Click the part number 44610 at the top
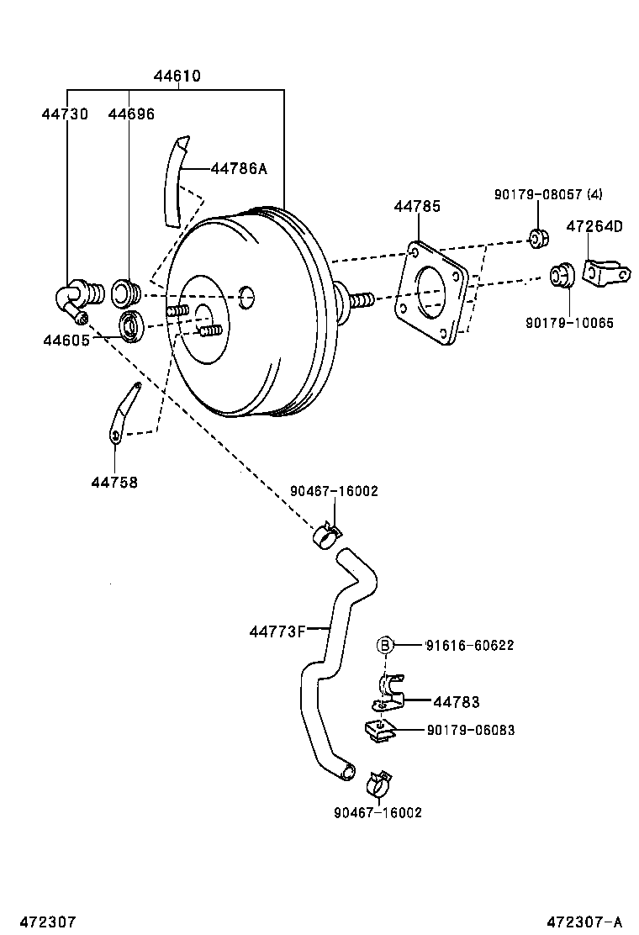(177, 76)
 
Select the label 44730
(64, 114)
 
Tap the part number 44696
(131, 114)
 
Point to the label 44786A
(238, 169)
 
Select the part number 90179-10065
(569, 322)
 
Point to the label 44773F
(277, 630)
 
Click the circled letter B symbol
(384, 645)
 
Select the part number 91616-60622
(469, 646)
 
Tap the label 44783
(457, 702)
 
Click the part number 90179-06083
(470, 730)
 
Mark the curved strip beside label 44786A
(175, 181)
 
